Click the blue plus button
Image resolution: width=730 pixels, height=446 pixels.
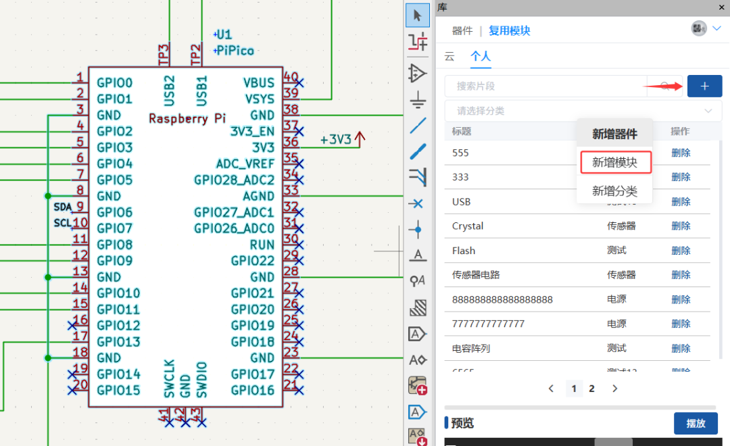[704, 86]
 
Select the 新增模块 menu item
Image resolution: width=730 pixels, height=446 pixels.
[614, 162]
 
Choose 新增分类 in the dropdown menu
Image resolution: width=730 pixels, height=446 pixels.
[614, 191]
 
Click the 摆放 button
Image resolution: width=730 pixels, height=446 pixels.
[696, 423]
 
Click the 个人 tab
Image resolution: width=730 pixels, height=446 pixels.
[481, 56]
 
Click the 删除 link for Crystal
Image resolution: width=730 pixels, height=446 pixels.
[681, 226]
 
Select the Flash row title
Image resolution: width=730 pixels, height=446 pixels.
[464, 251]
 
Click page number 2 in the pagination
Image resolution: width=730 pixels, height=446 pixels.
[592, 389]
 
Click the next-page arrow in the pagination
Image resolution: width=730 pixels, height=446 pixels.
[614, 389]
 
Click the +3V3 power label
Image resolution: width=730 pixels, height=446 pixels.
[336, 140]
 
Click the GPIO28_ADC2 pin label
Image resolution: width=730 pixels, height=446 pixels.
[234, 180]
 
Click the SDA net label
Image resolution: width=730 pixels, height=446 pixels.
[63, 207]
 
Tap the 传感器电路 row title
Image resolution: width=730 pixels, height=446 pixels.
[476, 275]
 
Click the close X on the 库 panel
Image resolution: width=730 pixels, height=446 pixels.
[721, 7]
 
